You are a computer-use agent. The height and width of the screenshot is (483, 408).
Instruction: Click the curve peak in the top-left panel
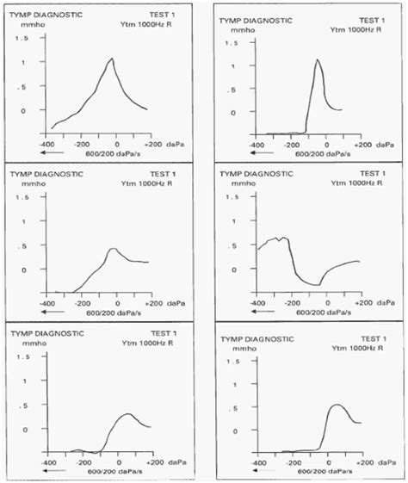click(x=112, y=59)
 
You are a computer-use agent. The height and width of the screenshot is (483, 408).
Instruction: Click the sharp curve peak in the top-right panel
click(x=318, y=59)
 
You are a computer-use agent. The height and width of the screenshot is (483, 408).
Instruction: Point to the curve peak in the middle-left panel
click(x=113, y=248)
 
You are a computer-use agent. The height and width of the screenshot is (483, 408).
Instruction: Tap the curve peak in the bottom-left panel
click(x=127, y=413)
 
